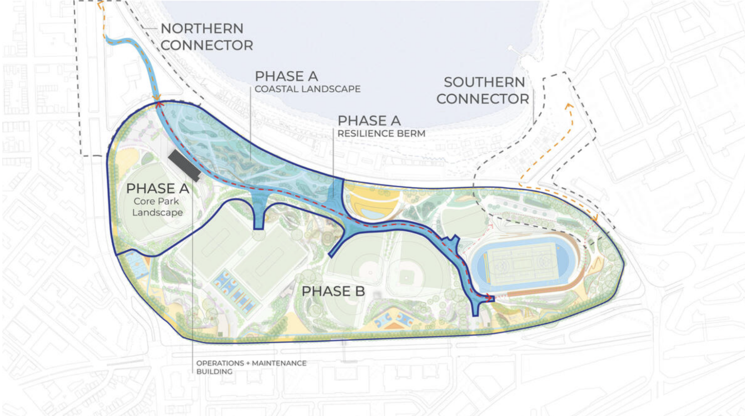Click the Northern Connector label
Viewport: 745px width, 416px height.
[206, 37]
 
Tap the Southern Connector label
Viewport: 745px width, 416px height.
[483, 91]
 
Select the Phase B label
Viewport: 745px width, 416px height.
[333, 291]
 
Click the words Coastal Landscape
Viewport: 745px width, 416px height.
[308, 89]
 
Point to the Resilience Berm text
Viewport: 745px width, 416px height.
[381, 133]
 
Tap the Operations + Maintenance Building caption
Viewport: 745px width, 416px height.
[251, 367]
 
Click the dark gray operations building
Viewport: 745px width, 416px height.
[184, 165]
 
